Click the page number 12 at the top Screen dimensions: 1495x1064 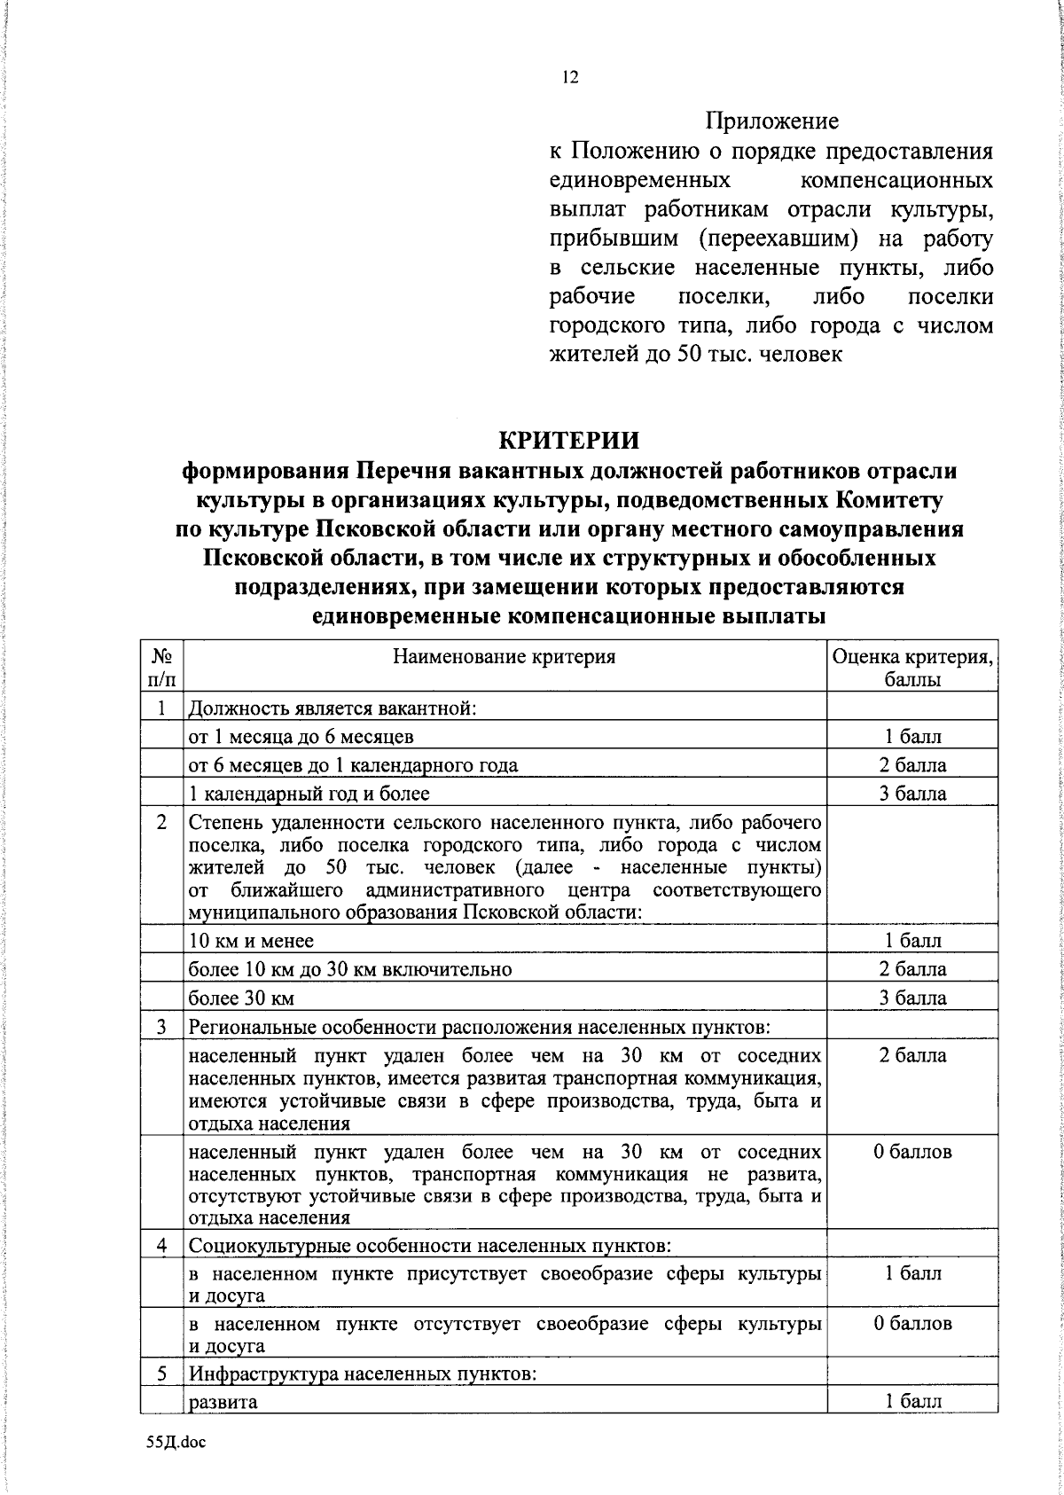(x=570, y=78)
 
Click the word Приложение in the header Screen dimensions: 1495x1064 (x=772, y=121)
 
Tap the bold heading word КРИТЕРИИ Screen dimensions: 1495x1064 (x=568, y=440)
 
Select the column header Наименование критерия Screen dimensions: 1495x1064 (x=505, y=657)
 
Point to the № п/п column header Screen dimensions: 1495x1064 (x=161, y=668)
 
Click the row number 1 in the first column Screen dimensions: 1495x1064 (x=161, y=708)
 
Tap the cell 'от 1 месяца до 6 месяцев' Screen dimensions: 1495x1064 (x=301, y=736)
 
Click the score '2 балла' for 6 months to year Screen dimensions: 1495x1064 (x=912, y=764)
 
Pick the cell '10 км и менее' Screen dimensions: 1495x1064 (x=252, y=940)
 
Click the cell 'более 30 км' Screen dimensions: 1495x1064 (x=241, y=998)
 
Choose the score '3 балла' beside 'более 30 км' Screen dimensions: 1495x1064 (x=912, y=998)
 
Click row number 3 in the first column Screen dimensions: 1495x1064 (x=161, y=1027)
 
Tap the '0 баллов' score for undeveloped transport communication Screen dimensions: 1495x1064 (x=912, y=1152)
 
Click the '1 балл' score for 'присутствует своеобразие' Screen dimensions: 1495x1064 (x=912, y=1273)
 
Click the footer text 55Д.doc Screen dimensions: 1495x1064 (x=176, y=1442)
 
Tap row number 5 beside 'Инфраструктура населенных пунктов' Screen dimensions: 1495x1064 (x=161, y=1374)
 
